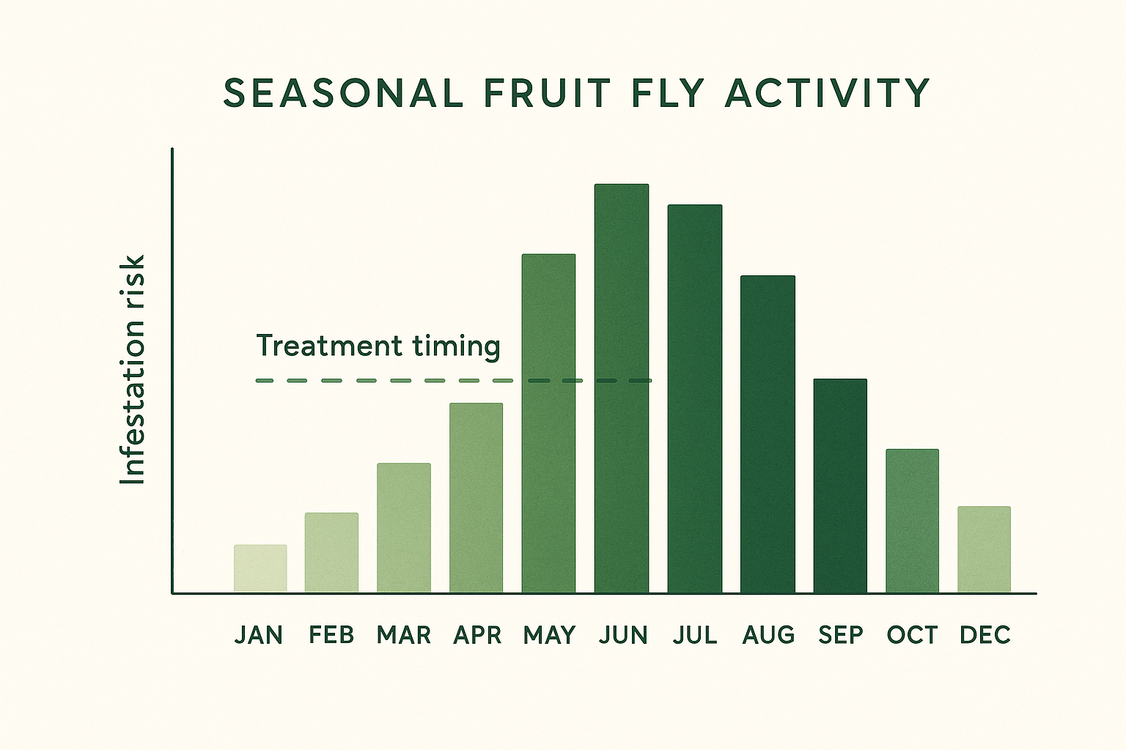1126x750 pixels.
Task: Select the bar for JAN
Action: click(260, 568)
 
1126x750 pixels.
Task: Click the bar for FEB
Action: click(331, 552)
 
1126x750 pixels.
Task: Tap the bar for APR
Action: click(476, 497)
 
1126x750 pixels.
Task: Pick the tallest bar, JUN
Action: click(622, 388)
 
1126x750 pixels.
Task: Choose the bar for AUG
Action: click(768, 434)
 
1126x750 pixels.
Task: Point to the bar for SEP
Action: click(840, 486)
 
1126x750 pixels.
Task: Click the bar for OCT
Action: click(912, 521)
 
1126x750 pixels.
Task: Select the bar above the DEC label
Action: click(984, 549)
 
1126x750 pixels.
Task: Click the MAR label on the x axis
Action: click(404, 635)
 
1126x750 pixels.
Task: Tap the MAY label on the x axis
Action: click(549, 635)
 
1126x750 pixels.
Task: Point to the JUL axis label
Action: click(695, 635)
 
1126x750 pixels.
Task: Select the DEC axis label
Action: click(985, 635)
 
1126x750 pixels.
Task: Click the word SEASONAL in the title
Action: click(343, 94)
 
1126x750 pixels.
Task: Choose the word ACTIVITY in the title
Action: click(828, 94)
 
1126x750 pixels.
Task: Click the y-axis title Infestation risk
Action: click(133, 370)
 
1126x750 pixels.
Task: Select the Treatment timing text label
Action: click(378, 346)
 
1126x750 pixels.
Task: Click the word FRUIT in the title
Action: click(547, 94)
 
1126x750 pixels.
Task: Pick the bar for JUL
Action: click(694, 398)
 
